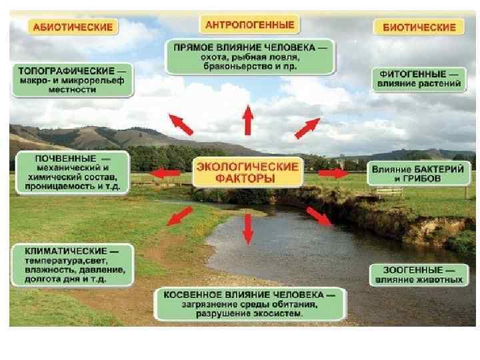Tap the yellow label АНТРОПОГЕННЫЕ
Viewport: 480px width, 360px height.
pyautogui.click(x=249, y=25)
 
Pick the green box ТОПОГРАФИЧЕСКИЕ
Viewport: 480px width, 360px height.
pyautogui.click(x=72, y=79)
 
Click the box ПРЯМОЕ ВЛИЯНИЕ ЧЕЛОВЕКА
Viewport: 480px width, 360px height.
pyautogui.click(x=250, y=57)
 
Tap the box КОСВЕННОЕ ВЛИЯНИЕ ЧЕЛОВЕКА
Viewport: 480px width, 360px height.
pyautogui.click(x=249, y=304)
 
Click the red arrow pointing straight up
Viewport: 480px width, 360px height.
pyautogui.click(x=248, y=121)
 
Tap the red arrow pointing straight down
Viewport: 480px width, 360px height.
pyautogui.click(x=248, y=227)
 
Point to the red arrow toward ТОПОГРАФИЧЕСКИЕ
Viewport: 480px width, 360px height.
pyautogui.click(x=181, y=124)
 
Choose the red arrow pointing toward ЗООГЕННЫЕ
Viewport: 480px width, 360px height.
pyautogui.click(x=319, y=217)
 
